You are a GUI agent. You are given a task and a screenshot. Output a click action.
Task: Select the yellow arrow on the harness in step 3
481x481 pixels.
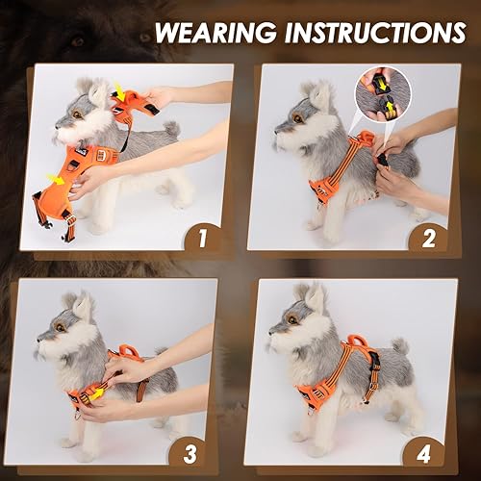(x=96, y=392)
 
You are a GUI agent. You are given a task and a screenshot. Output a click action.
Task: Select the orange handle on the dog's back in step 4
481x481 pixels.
(x=361, y=342)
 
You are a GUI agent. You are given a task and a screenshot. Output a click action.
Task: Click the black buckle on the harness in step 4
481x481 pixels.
(x=373, y=363)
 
